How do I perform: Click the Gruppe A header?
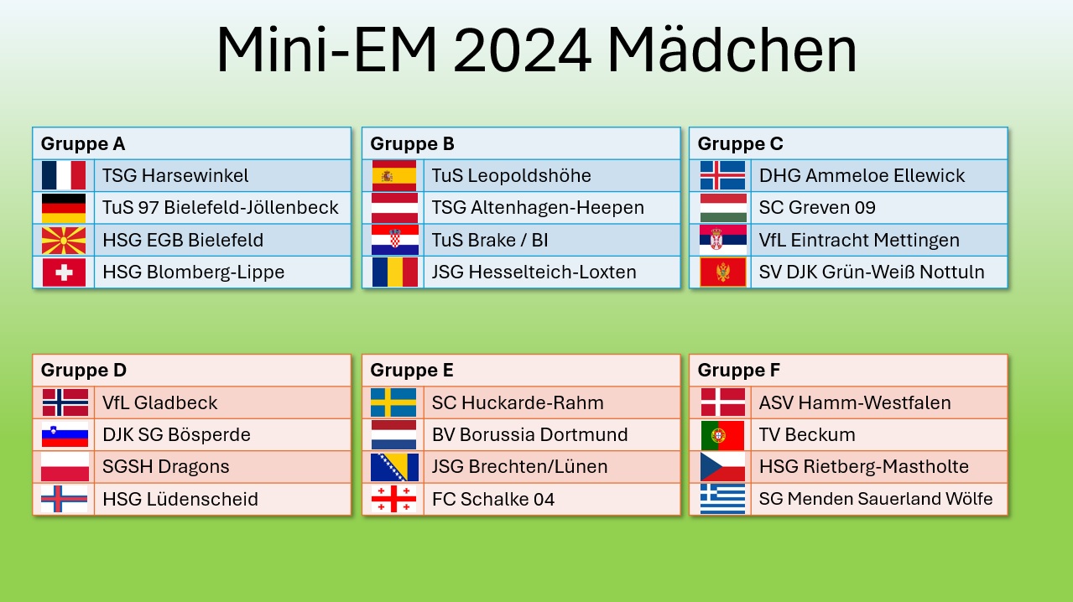(x=83, y=143)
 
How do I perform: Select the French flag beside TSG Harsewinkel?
(x=64, y=175)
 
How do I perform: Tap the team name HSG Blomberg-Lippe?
(x=193, y=272)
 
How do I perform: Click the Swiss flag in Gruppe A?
(x=64, y=272)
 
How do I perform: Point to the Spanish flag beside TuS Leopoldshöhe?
(x=393, y=175)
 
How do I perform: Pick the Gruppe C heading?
(x=740, y=143)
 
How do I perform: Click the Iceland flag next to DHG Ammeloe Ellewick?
(x=722, y=175)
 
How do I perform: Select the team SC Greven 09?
(x=805, y=207)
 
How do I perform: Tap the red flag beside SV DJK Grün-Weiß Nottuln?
(x=722, y=272)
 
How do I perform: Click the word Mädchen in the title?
(x=732, y=50)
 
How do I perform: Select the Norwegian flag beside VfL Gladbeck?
(x=65, y=402)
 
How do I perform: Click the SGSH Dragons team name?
(x=165, y=466)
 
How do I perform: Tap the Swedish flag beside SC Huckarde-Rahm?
(x=393, y=402)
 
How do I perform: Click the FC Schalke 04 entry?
(x=493, y=499)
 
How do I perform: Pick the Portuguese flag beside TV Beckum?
(x=722, y=434)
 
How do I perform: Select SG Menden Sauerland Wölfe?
(x=876, y=499)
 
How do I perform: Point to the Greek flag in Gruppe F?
(x=722, y=499)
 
